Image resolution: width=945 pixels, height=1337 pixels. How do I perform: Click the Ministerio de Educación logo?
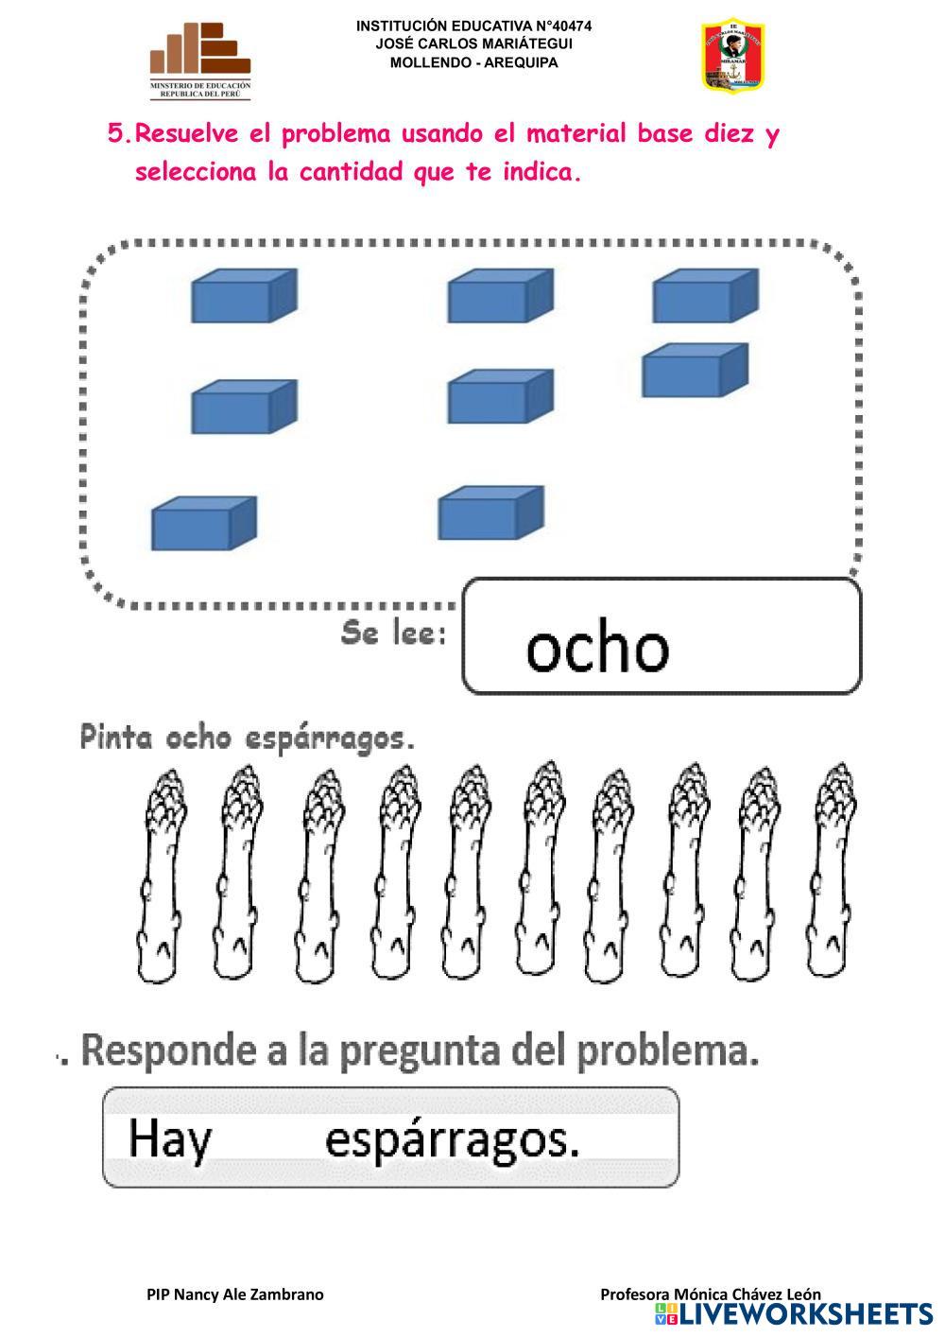[x=200, y=61]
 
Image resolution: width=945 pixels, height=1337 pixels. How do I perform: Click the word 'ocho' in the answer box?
[x=597, y=648]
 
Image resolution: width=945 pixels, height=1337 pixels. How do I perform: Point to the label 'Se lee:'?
[x=393, y=634]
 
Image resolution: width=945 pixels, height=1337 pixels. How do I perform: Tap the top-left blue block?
[x=244, y=296]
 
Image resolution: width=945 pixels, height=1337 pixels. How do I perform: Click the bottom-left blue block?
[x=204, y=523]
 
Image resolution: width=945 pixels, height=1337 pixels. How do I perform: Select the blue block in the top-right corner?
[x=705, y=296]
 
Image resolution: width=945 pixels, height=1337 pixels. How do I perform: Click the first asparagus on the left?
[x=164, y=875]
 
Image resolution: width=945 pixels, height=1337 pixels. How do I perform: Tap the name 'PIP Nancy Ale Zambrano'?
[x=234, y=1294]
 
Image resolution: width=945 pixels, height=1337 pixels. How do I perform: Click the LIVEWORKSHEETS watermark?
[x=794, y=1313]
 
